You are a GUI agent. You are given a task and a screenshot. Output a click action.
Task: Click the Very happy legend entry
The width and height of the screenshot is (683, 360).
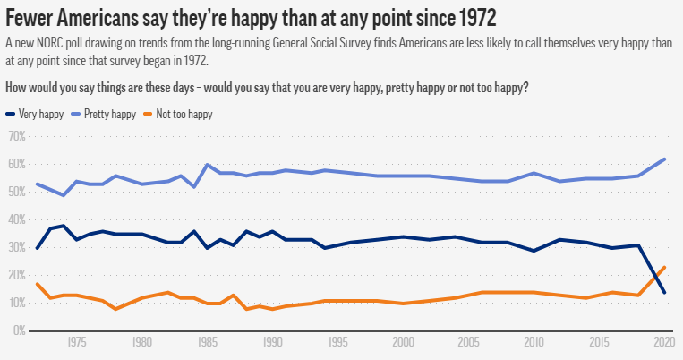coord(33,115)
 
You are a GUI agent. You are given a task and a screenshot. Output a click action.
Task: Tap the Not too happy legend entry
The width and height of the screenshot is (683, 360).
coord(179,115)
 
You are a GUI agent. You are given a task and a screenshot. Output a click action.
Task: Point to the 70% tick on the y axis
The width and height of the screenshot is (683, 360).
coord(16,136)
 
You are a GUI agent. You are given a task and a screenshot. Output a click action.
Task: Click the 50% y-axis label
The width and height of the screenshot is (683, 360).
coord(16,192)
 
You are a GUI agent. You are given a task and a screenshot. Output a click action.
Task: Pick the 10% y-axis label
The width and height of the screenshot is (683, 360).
coord(16,303)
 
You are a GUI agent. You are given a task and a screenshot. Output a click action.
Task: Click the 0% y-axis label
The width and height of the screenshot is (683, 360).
coord(18,330)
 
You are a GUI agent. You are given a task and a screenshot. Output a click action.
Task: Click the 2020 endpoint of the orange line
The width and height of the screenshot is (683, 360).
coord(664,267)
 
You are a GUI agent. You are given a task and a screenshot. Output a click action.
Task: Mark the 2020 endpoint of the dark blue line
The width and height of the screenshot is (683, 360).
coord(664,292)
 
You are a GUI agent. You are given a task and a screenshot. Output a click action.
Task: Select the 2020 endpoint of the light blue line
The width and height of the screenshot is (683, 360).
coord(664,159)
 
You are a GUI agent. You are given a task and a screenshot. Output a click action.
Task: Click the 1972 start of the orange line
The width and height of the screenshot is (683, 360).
coord(37,284)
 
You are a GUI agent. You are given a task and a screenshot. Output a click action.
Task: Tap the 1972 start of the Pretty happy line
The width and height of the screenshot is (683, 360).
coord(37,184)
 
